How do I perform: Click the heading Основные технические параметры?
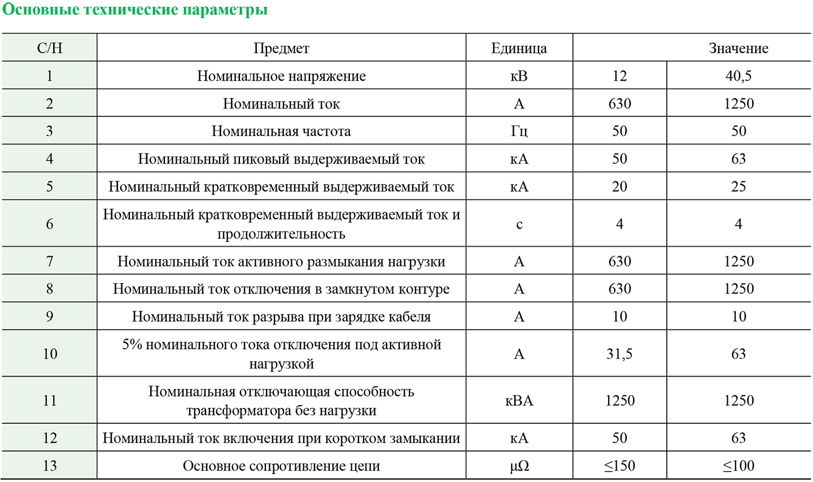coord(135,10)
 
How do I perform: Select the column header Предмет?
coord(281,49)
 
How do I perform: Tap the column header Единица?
coord(519,49)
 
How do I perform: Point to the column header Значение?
coord(738,49)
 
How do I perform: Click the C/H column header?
coord(50,49)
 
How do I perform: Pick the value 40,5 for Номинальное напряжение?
coord(738,76)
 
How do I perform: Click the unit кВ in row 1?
coord(519,76)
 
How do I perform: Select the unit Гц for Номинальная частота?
coord(519,132)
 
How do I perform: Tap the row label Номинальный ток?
coord(281,104)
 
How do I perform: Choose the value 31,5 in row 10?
coord(619,354)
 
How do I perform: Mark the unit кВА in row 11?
coord(519,401)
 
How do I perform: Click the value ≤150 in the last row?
coord(619,466)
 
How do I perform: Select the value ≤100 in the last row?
coord(738,466)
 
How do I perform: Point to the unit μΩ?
coord(519,466)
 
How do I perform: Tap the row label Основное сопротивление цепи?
coord(281,466)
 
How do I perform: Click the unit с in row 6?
coord(519,224)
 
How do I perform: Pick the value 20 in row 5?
coord(619,187)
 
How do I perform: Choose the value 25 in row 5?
coord(738,187)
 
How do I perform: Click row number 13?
coord(50,466)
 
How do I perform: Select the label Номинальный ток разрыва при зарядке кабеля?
coord(281,317)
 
